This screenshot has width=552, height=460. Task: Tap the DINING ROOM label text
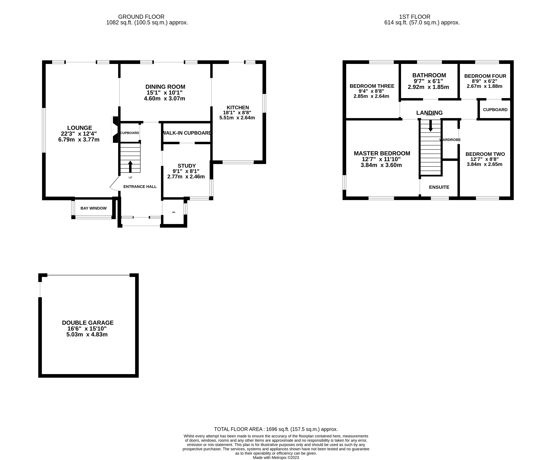pyautogui.click(x=165, y=87)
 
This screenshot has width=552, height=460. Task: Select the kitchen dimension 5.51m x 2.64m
pyautogui.click(x=237, y=118)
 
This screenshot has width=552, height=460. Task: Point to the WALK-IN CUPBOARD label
pyautogui.click(x=187, y=133)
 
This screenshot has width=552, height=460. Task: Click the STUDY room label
pyautogui.click(x=187, y=166)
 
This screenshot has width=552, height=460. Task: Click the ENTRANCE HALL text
pyautogui.click(x=140, y=187)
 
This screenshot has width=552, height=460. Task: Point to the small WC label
pyautogui.click(x=174, y=212)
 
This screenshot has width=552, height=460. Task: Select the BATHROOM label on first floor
pyautogui.click(x=429, y=75)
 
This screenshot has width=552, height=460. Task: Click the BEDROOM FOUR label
pyautogui.click(x=485, y=76)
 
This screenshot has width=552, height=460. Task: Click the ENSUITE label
pyautogui.click(x=439, y=187)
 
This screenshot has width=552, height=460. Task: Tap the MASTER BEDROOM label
pyautogui.click(x=382, y=153)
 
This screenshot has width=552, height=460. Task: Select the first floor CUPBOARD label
pyautogui.click(x=495, y=110)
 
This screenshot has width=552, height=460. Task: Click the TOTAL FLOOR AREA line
pyautogui.click(x=276, y=429)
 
